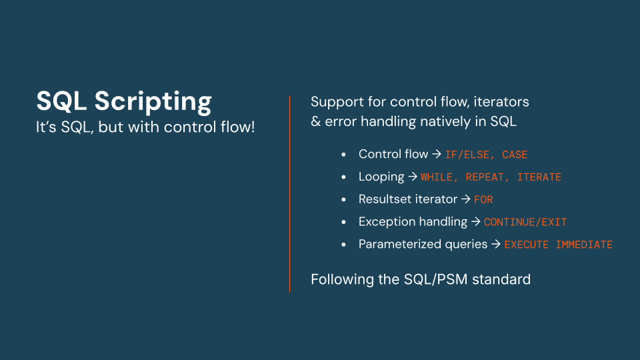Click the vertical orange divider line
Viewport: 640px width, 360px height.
289,193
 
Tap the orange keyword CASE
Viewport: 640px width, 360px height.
515,155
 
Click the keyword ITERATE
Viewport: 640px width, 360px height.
539,177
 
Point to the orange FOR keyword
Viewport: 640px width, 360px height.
483,199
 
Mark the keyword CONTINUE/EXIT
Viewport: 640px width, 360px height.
525,222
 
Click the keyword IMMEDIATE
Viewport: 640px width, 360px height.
584,245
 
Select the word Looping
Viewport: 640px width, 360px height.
381,177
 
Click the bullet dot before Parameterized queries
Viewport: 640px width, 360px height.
343,245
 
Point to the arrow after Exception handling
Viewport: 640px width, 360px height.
475,222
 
